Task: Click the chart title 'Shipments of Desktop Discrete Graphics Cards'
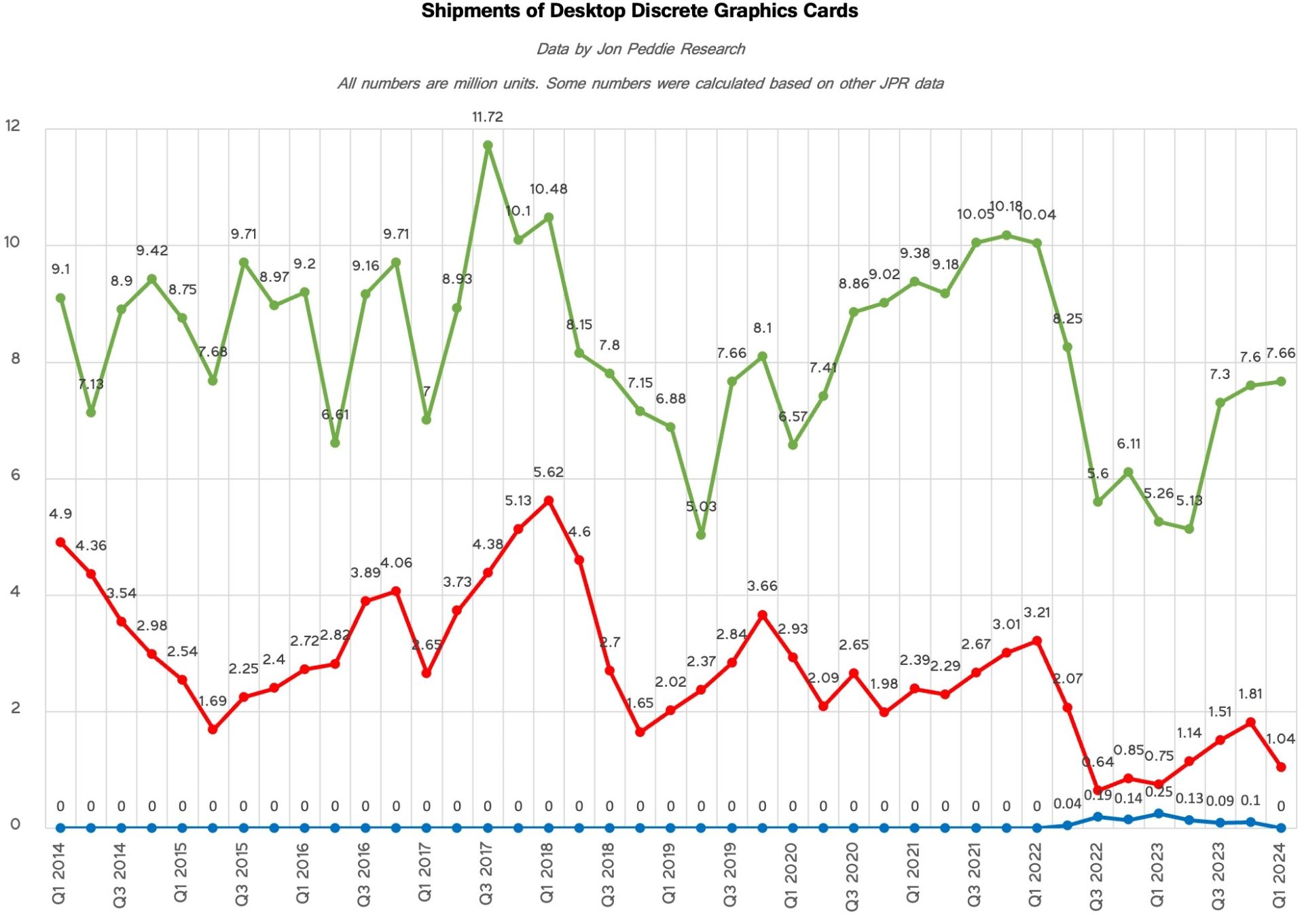point(639,12)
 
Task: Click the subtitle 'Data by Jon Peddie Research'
point(640,49)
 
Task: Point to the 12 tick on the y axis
point(13,126)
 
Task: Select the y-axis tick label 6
point(16,476)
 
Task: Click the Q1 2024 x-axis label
point(1280,875)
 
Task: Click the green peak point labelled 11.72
point(488,145)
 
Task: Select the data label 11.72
point(488,117)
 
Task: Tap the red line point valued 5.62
point(549,501)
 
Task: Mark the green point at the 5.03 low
point(701,535)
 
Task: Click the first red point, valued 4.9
point(60,543)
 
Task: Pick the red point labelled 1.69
point(213,730)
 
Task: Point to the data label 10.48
point(548,189)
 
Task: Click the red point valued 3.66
point(762,615)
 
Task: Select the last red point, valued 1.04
point(1281,767)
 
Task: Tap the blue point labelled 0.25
point(1159,813)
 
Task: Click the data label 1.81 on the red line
point(1250,694)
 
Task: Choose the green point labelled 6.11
point(1128,472)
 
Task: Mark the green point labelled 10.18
point(1007,236)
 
